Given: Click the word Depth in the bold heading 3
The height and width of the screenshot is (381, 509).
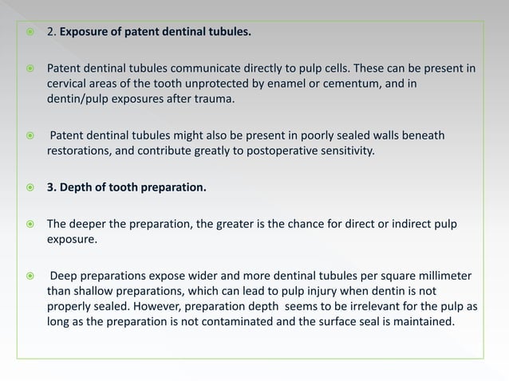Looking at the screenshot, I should [77, 188].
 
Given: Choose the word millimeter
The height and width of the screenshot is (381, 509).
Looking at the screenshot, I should [437, 277].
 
